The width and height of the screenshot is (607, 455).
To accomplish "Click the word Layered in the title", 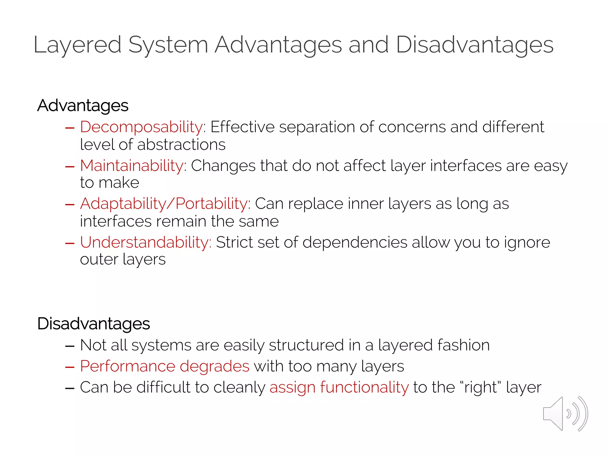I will tap(77, 45).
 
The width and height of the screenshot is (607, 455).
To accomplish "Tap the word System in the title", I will tap(168, 45).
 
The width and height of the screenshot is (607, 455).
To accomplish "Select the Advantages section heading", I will tap(83, 105).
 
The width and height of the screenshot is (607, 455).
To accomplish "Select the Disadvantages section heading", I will tap(93, 323).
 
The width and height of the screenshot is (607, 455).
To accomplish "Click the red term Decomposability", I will tap(141, 127).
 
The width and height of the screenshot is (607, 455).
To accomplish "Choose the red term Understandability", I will tap(145, 242).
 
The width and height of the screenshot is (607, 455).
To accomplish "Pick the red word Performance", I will tap(127, 366).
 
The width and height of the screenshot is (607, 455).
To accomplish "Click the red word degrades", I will tap(215, 366).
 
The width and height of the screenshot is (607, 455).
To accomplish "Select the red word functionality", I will tap(364, 387).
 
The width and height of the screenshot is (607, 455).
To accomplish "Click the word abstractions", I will tap(181, 145).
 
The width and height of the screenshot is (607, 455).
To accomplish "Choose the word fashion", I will tap(463, 345).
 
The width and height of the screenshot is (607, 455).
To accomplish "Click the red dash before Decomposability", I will tap(70, 128).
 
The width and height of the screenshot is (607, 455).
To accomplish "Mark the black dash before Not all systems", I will tap(70, 346).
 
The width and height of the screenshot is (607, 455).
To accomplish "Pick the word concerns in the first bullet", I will tap(412, 127).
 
